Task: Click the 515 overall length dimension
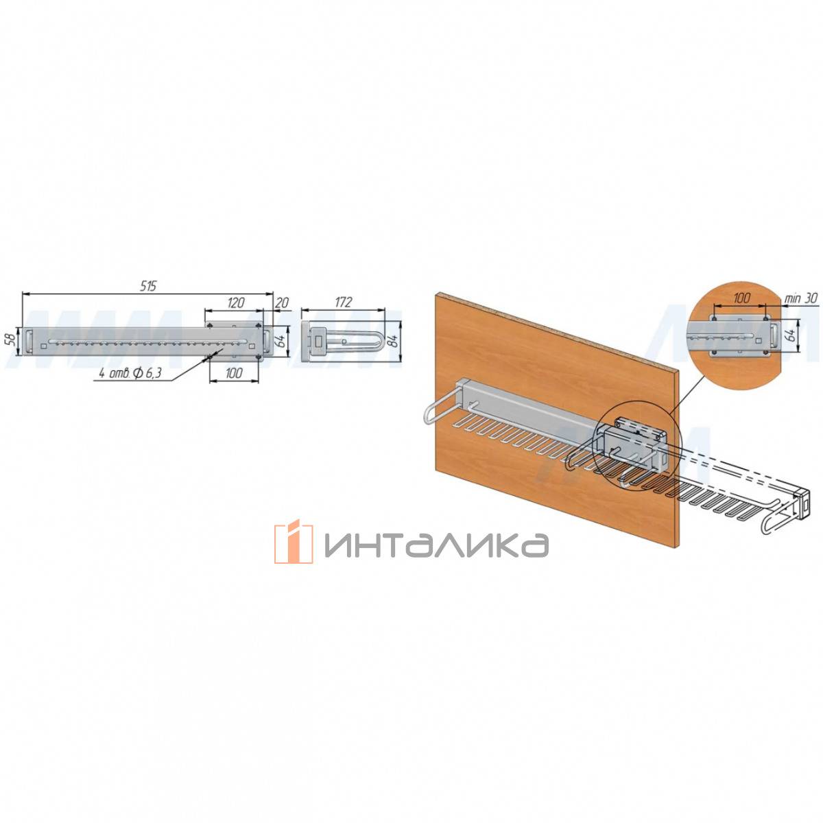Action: point(148,286)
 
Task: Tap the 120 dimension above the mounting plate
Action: point(235,303)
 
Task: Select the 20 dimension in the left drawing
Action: point(282,303)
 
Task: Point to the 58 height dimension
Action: point(12,340)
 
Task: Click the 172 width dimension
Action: point(343,302)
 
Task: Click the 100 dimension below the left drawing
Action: point(234,373)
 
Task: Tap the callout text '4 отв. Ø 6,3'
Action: point(130,373)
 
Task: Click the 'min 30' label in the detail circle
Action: point(801,298)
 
